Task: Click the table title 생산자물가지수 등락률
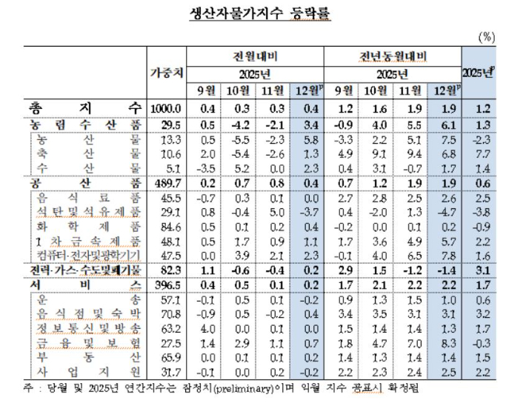coord(263,13)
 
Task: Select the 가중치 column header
coord(167,73)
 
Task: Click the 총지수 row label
coord(86,107)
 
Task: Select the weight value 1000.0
coord(167,107)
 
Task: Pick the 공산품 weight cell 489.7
coord(167,182)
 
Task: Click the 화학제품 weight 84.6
coord(167,227)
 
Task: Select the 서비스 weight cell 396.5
coord(167,285)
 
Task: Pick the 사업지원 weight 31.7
coord(167,373)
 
